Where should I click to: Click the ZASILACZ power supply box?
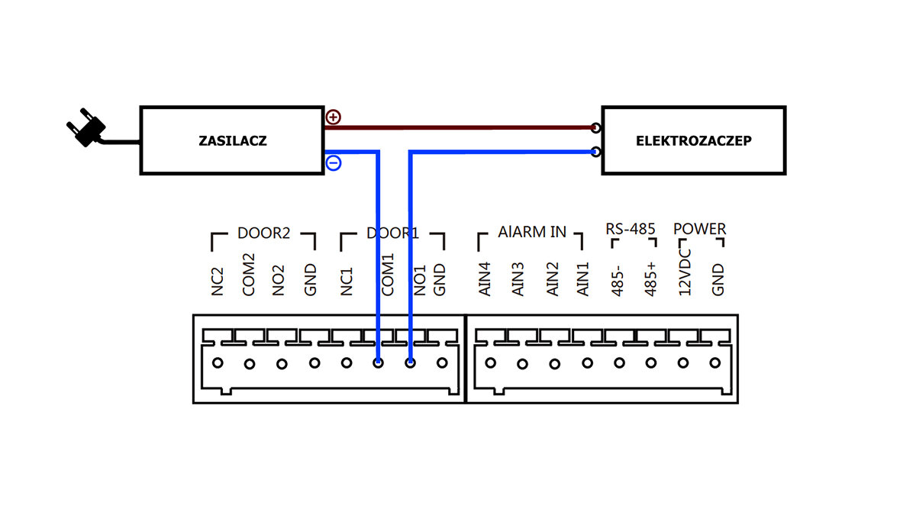[x=232, y=140]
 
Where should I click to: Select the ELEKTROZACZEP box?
[x=693, y=140]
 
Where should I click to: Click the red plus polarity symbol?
[x=334, y=117]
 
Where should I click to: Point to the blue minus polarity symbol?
[x=334, y=163]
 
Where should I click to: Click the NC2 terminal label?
[x=218, y=280]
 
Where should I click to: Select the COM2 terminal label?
[x=249, y=275]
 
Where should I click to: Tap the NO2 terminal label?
[x=279, y=280]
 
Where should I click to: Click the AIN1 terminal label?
[x=584, y=279]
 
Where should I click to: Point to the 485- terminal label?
[x=618, y=280]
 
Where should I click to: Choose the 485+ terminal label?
[x=650, y=280]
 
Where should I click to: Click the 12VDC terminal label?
[x=685, y=270]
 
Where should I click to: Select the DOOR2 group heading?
[x=263, y=233]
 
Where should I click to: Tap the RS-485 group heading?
[x=631, y=228]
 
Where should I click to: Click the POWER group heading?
[x=699, y=228]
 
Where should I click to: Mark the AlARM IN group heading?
[x=532, y=231]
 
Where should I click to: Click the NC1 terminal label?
[x=347, y=280]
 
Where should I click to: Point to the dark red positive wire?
[x=458, y=127]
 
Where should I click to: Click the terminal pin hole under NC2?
[x=218, y=363]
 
